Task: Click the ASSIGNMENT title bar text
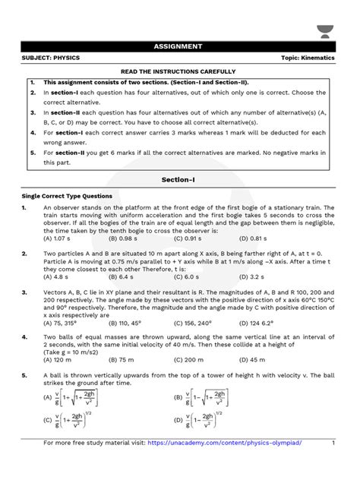pos(180,46)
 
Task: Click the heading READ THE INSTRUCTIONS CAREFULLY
pos(180,72)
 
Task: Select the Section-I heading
pos(180,181)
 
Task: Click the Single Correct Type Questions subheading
pos(67,196)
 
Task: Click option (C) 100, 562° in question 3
pos(204,321)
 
